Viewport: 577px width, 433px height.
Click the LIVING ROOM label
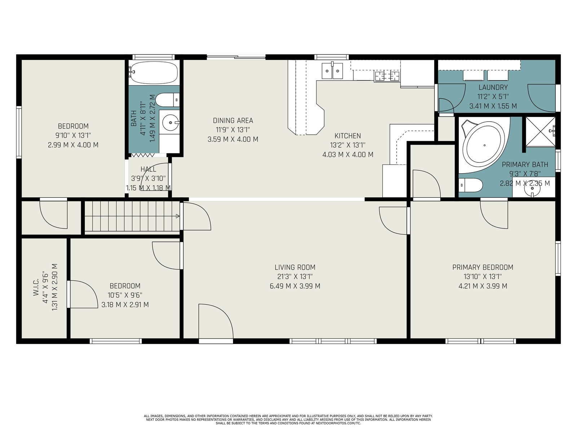295,267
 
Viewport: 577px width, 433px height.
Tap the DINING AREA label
233,121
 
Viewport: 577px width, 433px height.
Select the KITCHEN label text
348,136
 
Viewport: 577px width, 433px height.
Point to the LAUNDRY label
493,87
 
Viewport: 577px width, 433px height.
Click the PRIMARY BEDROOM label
483,267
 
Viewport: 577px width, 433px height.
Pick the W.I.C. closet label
36,287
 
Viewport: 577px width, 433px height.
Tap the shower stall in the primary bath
540,132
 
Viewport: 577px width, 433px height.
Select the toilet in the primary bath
471,185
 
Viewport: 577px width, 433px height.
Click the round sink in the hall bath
170,123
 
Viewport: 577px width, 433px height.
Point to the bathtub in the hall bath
154,73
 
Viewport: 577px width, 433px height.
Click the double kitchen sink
332,71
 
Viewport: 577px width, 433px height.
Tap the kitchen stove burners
387,76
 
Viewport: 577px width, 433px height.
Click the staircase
132,216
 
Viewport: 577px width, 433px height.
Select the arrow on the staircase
178,216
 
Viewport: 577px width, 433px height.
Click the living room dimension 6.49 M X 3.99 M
295,286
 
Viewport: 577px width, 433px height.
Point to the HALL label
148,169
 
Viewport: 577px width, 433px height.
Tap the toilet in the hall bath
167,100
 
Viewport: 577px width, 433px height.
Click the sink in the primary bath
532,188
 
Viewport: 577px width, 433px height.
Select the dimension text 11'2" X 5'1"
493,97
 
